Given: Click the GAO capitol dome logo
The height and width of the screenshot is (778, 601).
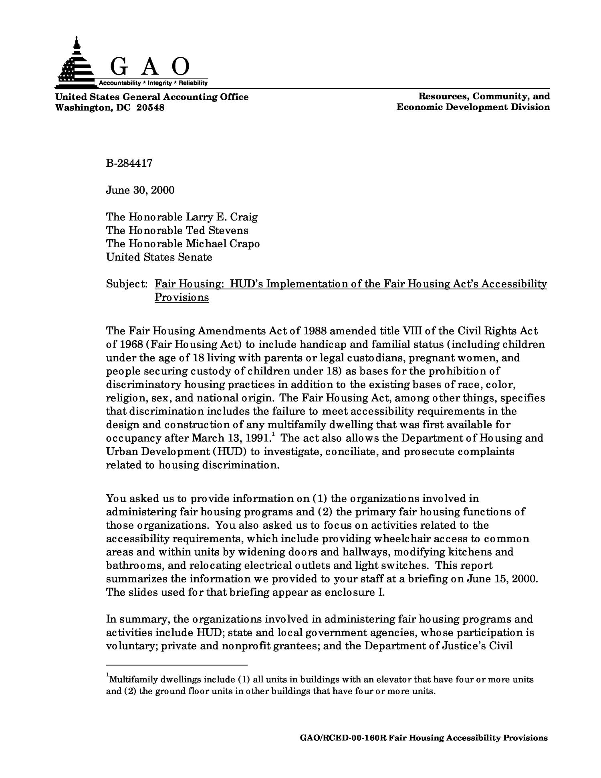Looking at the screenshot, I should (x=75, y=64).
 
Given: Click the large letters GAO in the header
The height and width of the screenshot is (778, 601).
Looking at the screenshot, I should (x=149, y=67).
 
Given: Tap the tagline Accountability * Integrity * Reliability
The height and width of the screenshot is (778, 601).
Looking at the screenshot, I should (x=153, y=83).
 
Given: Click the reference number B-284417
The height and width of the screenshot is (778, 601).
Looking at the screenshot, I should (x=129, y=163).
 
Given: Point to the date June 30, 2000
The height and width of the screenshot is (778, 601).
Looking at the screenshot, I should (x=140, y=190).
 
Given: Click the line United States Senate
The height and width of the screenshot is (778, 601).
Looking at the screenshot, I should (x=159, y=257).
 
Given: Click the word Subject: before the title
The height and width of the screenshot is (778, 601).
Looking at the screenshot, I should (x=127, y=284).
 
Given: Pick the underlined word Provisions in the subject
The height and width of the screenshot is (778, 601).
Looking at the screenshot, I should (x=182, y=297).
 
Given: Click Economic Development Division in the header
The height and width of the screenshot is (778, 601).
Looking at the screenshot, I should (x=473, y=107).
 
